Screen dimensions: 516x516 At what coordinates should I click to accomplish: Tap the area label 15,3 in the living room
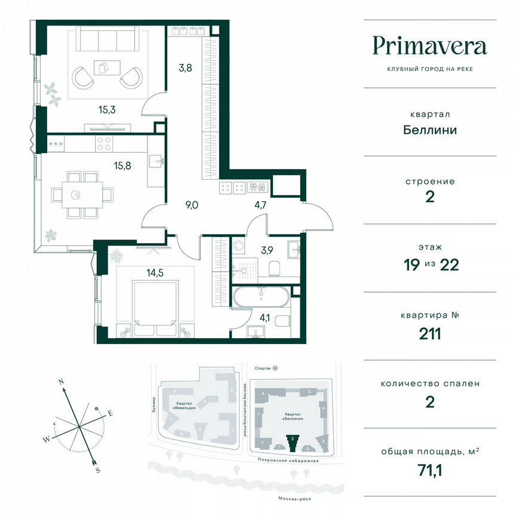107,109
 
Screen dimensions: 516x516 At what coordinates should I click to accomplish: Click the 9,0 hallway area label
192,205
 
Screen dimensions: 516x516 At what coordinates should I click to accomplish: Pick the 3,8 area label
185,67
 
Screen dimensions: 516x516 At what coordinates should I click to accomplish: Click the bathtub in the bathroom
261,297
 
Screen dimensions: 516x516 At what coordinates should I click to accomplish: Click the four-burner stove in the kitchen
104,144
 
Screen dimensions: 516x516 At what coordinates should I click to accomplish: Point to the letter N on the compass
61,380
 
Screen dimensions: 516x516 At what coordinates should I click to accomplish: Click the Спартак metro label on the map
262,369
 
